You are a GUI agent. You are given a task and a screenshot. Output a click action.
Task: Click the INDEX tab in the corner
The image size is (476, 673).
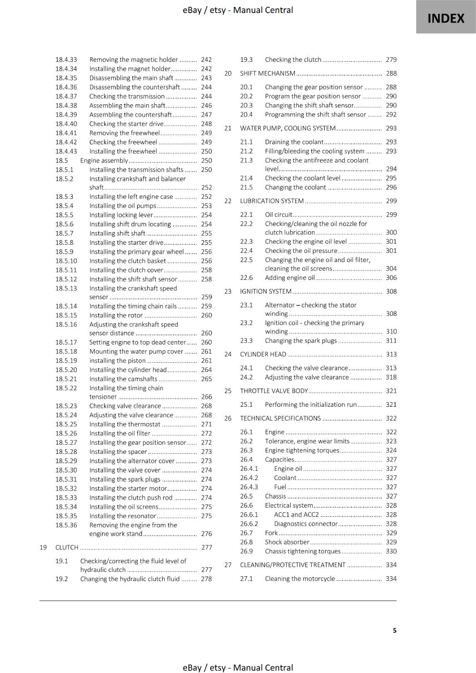446,19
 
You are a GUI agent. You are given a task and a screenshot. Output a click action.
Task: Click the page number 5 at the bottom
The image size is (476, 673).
394,630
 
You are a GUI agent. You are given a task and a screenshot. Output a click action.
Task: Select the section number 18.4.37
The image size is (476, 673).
66,96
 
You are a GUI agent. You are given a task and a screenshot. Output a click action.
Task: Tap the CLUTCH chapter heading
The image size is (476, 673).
67,547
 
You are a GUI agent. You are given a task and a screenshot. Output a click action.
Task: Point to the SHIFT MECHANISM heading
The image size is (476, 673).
267,73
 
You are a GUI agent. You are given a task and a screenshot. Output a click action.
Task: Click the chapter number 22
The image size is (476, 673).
228,201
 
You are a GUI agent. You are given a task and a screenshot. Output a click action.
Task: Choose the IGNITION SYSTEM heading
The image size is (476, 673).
266,291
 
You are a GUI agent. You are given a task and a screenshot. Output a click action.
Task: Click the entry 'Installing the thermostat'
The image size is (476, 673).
125,424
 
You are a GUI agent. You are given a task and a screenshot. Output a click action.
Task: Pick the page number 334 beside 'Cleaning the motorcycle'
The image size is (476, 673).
391,578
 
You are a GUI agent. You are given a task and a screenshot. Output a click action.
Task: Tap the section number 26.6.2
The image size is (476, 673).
249,524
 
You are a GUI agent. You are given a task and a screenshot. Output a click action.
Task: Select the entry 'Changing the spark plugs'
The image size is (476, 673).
301,341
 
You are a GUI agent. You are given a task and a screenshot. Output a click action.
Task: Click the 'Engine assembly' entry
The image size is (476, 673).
104,160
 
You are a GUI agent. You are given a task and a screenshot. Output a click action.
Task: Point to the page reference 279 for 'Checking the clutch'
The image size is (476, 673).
391,60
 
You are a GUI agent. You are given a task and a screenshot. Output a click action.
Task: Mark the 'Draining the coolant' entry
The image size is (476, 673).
294,142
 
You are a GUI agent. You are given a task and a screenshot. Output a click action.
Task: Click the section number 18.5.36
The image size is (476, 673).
66,525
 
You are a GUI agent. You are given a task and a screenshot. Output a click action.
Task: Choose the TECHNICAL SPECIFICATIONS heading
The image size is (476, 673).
280,418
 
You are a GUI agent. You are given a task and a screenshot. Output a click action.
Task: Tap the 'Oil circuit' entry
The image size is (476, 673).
278,215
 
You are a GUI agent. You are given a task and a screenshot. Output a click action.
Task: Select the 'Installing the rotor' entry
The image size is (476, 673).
116,315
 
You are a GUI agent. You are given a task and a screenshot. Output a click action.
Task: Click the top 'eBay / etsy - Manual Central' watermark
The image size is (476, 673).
238,10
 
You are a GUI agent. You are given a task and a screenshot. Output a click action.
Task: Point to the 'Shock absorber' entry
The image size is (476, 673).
287,542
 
